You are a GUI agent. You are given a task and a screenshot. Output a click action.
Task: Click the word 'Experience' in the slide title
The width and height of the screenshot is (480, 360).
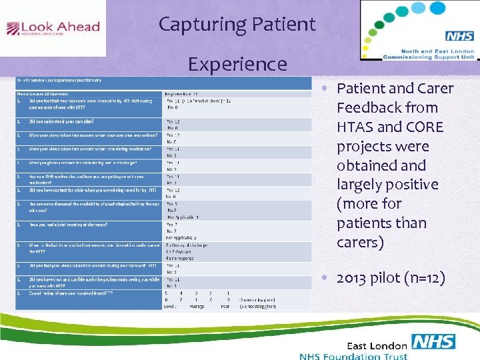237,64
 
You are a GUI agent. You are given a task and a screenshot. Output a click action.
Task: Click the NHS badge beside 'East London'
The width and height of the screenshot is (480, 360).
433,342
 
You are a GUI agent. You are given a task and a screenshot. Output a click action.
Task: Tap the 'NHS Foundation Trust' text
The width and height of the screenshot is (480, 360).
353,355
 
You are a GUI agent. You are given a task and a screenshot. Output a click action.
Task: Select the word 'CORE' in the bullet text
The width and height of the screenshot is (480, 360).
423,127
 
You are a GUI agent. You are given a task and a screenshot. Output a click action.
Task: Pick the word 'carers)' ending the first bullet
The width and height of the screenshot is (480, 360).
360,242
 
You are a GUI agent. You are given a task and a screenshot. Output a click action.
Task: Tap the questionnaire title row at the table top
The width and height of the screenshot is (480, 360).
60,81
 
